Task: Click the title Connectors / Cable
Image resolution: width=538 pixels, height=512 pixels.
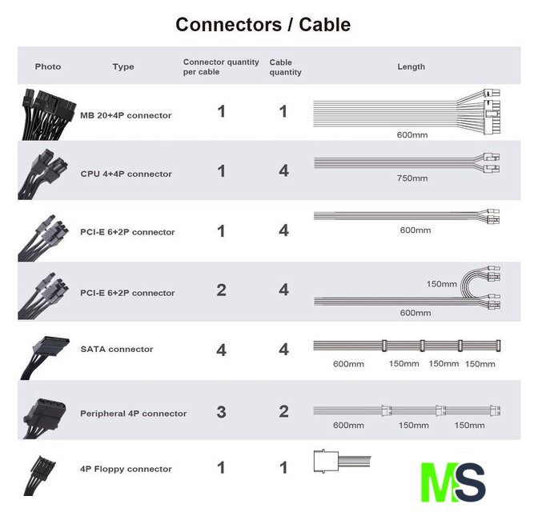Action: point(263,25)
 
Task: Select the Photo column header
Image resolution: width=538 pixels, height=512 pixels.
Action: point(48,66)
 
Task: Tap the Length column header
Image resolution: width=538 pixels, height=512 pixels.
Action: point(411,66)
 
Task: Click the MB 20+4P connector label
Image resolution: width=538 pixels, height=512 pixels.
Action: point(126,115)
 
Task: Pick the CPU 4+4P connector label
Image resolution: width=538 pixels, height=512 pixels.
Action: point(126,174)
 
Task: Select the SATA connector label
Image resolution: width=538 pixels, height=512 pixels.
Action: point(116,349)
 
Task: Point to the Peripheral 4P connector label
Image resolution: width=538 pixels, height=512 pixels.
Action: point(133,414)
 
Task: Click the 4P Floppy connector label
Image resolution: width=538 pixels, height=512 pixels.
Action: point(126,469)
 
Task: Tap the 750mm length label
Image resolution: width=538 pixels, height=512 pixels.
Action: point(412,178)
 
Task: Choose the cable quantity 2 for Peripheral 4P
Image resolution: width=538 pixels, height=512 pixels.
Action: point(283,411)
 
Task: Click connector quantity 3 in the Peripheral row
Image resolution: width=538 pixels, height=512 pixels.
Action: point(221,412)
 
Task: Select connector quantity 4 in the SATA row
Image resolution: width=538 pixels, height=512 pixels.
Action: point(221,350)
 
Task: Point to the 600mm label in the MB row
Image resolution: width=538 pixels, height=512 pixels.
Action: point(412,134)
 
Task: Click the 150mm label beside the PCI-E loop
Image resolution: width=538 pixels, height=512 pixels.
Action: point(441,284)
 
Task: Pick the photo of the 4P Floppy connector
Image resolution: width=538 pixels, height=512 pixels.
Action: point(39,473)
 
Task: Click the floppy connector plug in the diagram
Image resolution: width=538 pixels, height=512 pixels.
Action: point(328,463)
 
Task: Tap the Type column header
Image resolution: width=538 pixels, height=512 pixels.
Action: point(123,66)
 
